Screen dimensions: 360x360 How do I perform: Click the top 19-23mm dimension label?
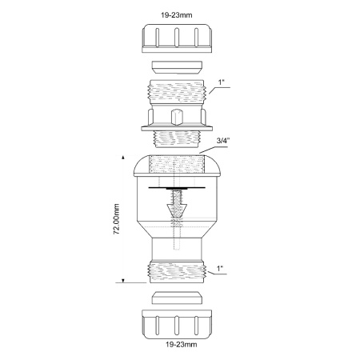click(176, 15)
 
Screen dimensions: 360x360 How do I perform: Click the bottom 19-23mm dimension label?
click(182, 345)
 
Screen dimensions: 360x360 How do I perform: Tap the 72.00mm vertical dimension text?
click(116, 219)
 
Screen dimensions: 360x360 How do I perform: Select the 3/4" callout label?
click(222, 141)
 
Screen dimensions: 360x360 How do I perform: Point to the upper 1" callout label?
click(222, 82)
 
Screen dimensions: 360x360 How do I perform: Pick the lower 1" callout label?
click(220, 269)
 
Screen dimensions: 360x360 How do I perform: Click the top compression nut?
click(177, 38)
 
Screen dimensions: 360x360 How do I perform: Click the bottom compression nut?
click(177, 324)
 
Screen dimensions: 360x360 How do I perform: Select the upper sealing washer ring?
click(177, 67)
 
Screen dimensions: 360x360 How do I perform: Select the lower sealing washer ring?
click(177, 298)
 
